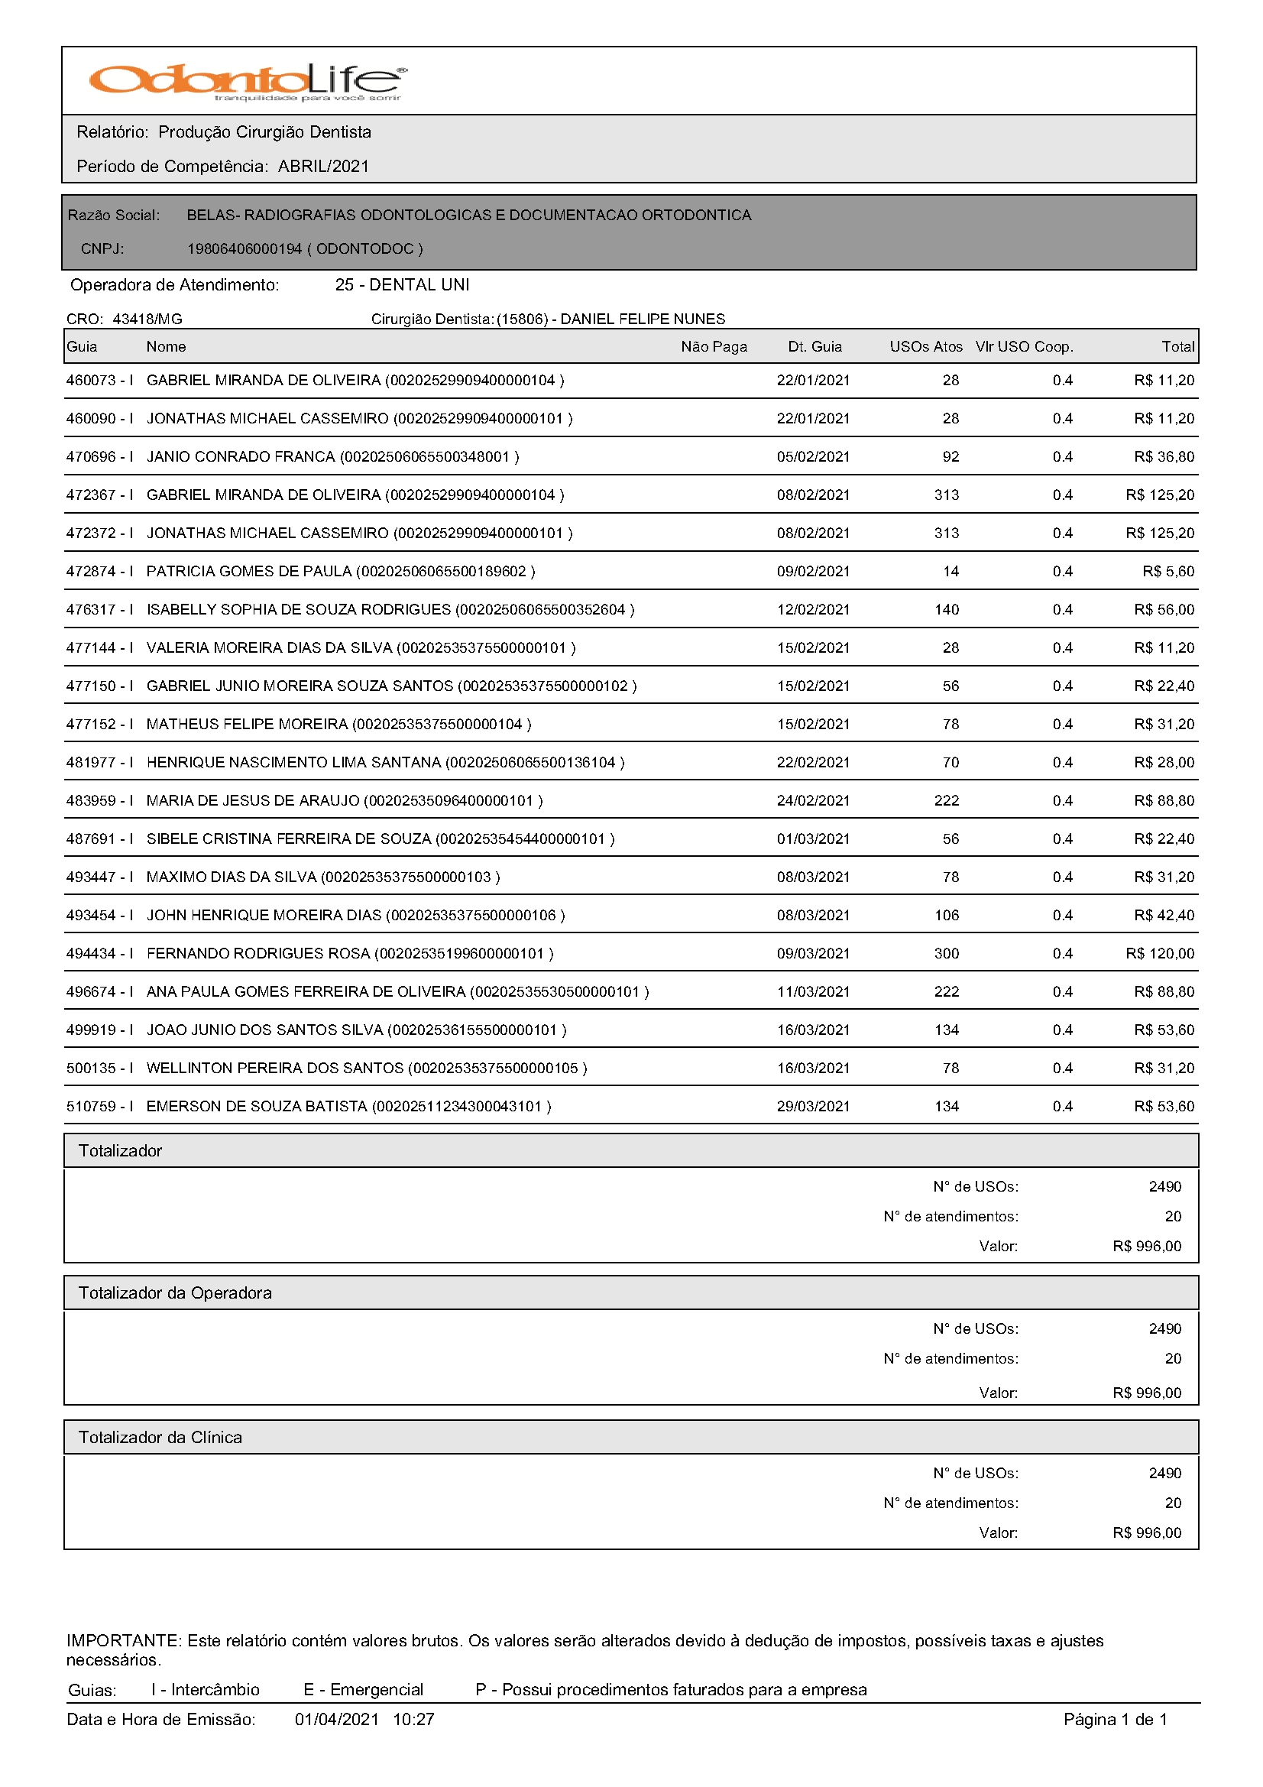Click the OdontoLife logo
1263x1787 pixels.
click(x=248, y=82)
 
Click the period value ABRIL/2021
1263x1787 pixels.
click(x=323, y=166)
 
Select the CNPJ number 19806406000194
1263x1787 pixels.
click(x=244, y=249)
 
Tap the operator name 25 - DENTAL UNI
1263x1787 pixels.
click(x=402, y=285)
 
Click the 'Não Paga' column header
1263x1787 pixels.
click(x=713, y=347)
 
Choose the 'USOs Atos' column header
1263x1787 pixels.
click(x=925, y=347)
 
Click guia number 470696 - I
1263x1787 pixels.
click(x=99, y=457)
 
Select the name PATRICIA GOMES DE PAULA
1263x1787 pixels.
click(x=249, y=571)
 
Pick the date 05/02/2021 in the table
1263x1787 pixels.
click(x=812, y=457)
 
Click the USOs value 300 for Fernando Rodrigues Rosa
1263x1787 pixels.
click(x=945, y=953)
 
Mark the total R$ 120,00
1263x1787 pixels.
click(x=1159, y=953)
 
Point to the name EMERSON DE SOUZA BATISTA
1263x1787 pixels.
click(x=257, y=1106)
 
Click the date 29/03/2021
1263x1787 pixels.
click(x=812, y=1106)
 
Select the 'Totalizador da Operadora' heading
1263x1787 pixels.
click(x=175, y=1292)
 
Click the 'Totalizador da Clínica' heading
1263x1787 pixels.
click(x=160, y=1438)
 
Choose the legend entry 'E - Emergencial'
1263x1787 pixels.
click(x=363, y=1690)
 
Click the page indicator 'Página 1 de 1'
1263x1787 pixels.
click(x=1114, y=1720)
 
